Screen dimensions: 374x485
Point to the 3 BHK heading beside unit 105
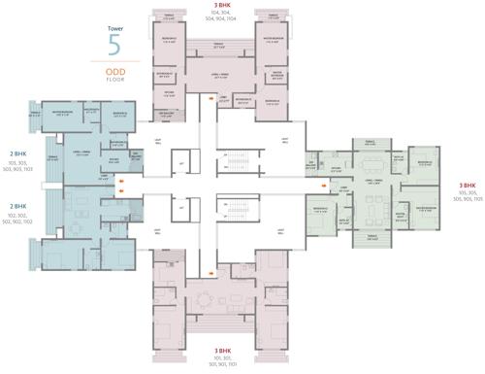pos(468,185)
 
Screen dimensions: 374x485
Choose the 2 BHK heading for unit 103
pos(17,153)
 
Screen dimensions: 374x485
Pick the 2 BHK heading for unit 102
pos(17,207)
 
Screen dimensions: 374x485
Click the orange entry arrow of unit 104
pos(211,98)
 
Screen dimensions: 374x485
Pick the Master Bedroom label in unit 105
pos(427,208)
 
